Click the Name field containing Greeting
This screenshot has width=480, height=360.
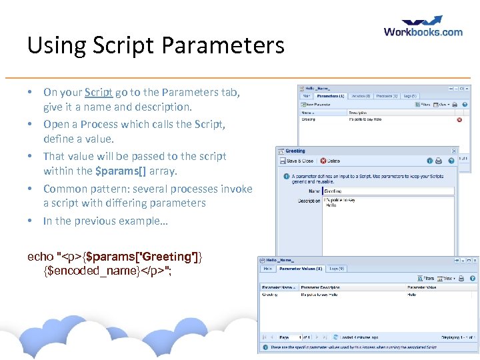click(387, 191)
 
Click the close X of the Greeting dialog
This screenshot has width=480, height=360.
click(455, 151)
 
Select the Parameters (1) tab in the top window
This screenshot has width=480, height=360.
click(331, 96)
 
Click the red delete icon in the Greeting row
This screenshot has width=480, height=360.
click(459, 120)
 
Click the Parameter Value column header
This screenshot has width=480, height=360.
click(423, 287)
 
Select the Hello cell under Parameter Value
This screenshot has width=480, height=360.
click(412, 294)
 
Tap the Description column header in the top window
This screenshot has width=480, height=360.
click(358, 113)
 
